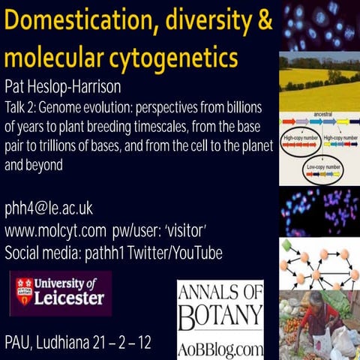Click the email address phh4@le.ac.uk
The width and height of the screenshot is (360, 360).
coord(49,208)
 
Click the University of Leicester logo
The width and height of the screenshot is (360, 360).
coord(60,292)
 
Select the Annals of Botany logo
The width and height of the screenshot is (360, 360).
coord(220,303)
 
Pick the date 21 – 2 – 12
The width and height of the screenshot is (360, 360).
coord(138,343)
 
